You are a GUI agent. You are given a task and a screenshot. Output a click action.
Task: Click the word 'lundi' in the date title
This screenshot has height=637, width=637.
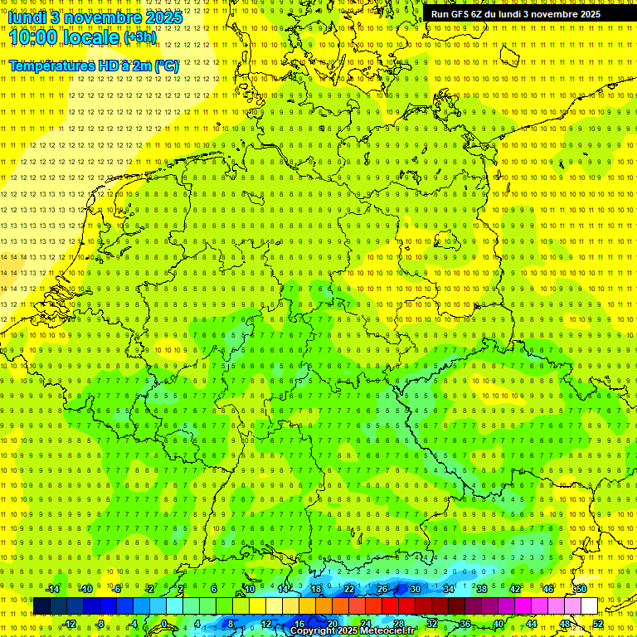[x=28, y=17]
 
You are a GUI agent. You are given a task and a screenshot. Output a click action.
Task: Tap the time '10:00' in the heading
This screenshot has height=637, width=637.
[x=32, y=37]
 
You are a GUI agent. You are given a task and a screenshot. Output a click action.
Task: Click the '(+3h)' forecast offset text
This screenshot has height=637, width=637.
[x=139, y=37]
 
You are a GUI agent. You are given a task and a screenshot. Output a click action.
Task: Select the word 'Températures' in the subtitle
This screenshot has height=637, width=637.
[x=49, y=66]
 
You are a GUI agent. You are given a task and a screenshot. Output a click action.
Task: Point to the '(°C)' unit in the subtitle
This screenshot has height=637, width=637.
[x=166, y=66]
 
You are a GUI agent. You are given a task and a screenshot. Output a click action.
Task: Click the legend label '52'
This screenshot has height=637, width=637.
[x=598, y=624]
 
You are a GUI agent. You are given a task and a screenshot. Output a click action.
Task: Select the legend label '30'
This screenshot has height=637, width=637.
[x=415, y=589]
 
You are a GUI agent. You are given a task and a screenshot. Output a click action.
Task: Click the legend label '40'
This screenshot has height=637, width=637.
[x=498, y=624]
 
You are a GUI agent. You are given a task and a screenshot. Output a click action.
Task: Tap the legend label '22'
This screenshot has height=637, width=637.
[x=348, y=589]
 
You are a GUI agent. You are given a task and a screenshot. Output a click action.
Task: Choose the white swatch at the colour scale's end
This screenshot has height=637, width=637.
[x=589, y=606]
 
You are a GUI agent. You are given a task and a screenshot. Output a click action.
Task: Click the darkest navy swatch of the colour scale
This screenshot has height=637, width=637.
[x=41, y=606]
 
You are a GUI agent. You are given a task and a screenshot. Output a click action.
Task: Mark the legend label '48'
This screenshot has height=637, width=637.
[x=565, y=624]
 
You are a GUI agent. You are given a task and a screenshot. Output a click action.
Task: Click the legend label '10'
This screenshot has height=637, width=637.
[x=249, y=589]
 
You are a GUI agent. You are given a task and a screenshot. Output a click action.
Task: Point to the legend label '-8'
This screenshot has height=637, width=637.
[x=101, y=624]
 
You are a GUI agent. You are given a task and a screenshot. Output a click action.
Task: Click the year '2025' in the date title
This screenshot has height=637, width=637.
[x=163, y=17]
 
